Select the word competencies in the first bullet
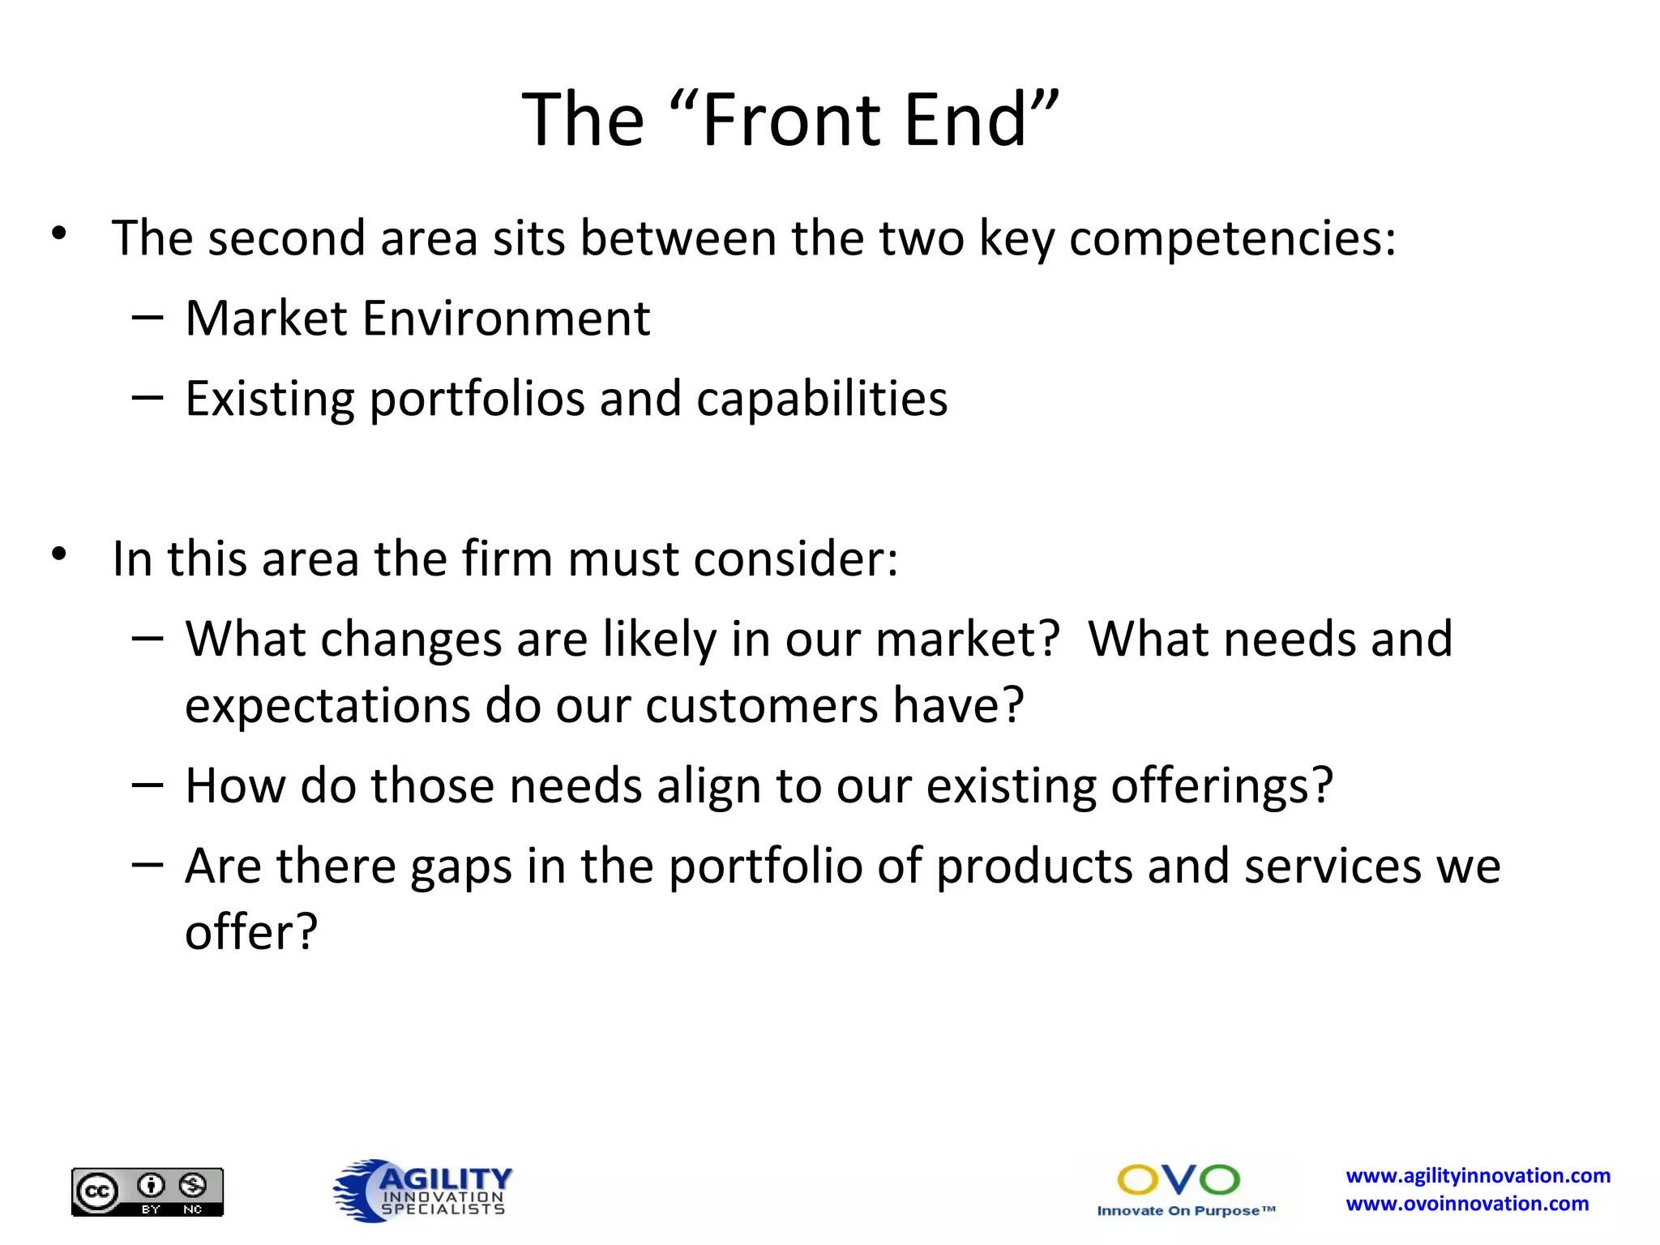point(1232,238)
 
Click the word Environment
point(506,318)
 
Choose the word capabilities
point(821,399)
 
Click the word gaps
point(461,867)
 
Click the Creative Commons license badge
point(147,1192)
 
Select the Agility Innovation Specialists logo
point(423,1190)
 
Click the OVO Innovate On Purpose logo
point(1184,1190)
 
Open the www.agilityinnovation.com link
point(1478,1176)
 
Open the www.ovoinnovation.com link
point(1467,1204)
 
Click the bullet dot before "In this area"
point(58,555)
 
